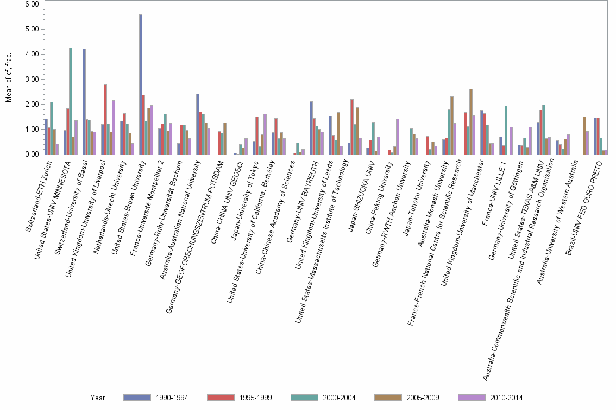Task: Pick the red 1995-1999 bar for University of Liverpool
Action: pos(105,119)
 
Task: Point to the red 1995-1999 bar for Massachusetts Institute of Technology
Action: pos(352,127)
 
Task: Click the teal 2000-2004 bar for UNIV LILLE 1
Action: pos(506,130)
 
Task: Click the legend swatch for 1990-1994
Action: pos(137,398)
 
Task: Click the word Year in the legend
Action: pos(98,398)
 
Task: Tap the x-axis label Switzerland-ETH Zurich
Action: pos(40,195)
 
